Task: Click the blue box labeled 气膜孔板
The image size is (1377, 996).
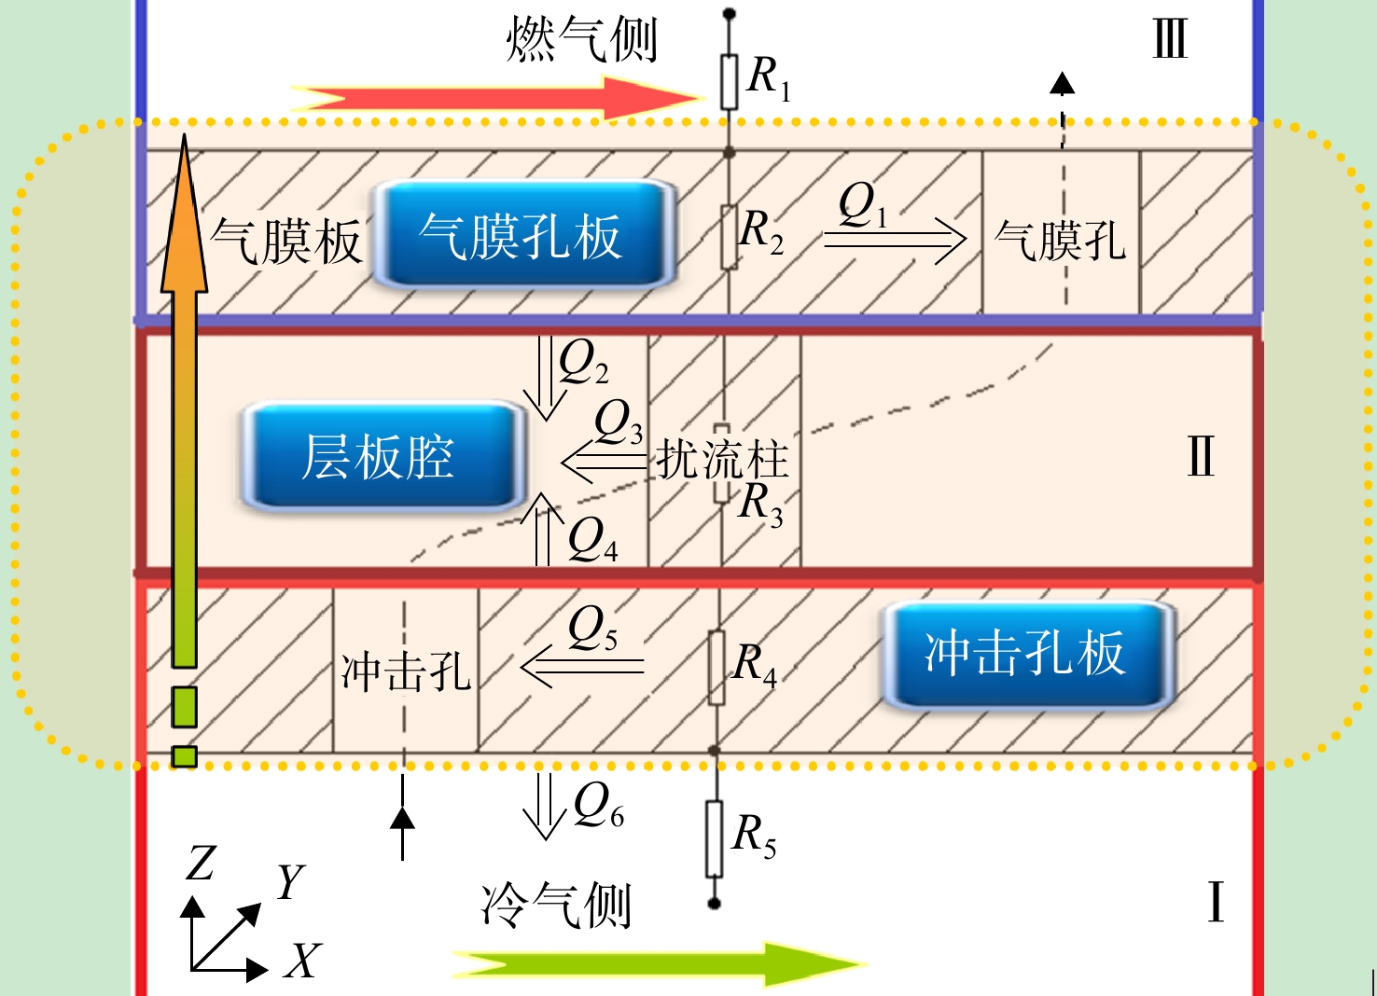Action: pos(523,235)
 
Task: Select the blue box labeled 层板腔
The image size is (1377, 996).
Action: pos(382,457)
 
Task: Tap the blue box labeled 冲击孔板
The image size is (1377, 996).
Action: pos(1028,654)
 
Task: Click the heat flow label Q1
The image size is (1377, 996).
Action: pos(863,206)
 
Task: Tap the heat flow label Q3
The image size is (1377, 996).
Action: pos(619,422)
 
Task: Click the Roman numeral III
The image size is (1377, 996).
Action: pos(1169,39)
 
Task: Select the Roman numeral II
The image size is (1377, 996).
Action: pos(1200,456)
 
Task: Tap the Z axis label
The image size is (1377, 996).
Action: pos(201,863)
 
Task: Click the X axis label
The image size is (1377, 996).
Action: pos(302,960)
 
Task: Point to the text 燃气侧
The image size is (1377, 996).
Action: pos(581,39)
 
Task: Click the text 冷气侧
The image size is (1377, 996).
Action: pos(556,906)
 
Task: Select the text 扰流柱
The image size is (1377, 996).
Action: pos(722,459)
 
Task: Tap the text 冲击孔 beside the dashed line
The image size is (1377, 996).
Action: pos(406,671)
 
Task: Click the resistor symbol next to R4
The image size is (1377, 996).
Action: pos(716,668)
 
